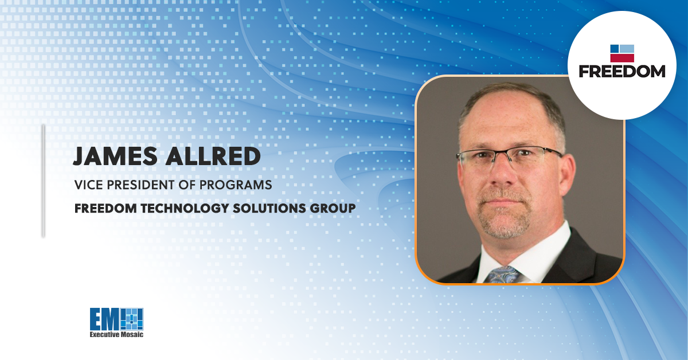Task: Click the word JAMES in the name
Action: [115, 156]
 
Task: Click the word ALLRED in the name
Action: [213, 156]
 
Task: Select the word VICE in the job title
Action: [88, 185]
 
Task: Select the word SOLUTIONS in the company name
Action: [269, 208]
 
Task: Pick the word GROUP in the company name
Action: [333, 208]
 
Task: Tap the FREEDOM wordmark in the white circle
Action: [622, 71]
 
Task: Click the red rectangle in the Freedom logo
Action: [622, 58]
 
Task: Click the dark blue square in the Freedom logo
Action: [614, 49]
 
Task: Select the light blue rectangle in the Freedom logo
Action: [627, 49]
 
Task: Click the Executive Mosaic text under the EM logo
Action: [116, 335]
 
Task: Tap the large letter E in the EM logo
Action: [96, 319]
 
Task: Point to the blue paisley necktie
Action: [502, 275]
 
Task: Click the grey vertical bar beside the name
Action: [44, 181]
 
